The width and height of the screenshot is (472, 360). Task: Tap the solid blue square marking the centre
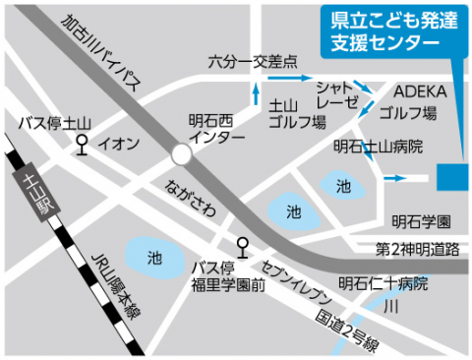(x=451, y=176)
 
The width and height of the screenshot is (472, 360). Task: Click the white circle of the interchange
(x=181, y=154)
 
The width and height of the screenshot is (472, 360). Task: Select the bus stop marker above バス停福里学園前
(x=242, y=245)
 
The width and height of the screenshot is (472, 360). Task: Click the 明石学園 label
(x=421, y=220)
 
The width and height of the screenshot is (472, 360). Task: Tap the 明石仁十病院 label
(x=383, y=284)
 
